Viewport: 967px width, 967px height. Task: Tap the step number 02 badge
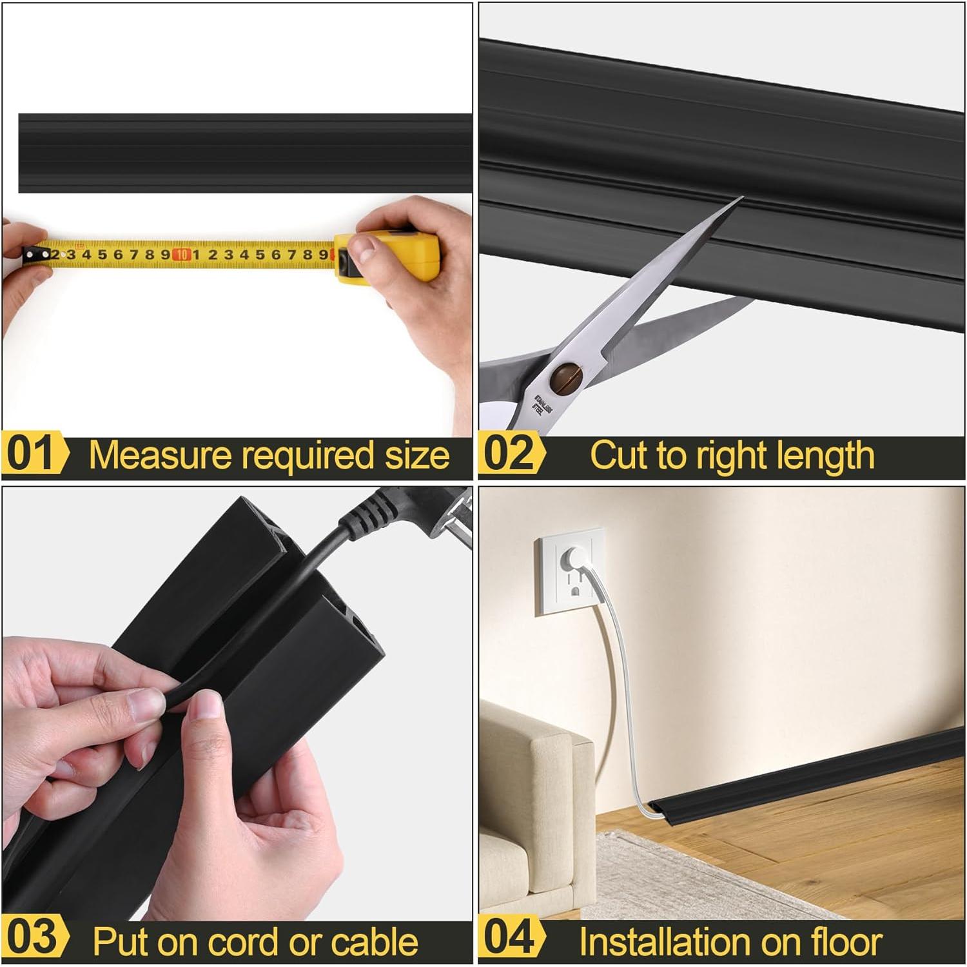pos(509,454)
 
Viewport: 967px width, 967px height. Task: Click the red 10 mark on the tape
pos(182,255)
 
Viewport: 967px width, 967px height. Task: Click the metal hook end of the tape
pos(29,255)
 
